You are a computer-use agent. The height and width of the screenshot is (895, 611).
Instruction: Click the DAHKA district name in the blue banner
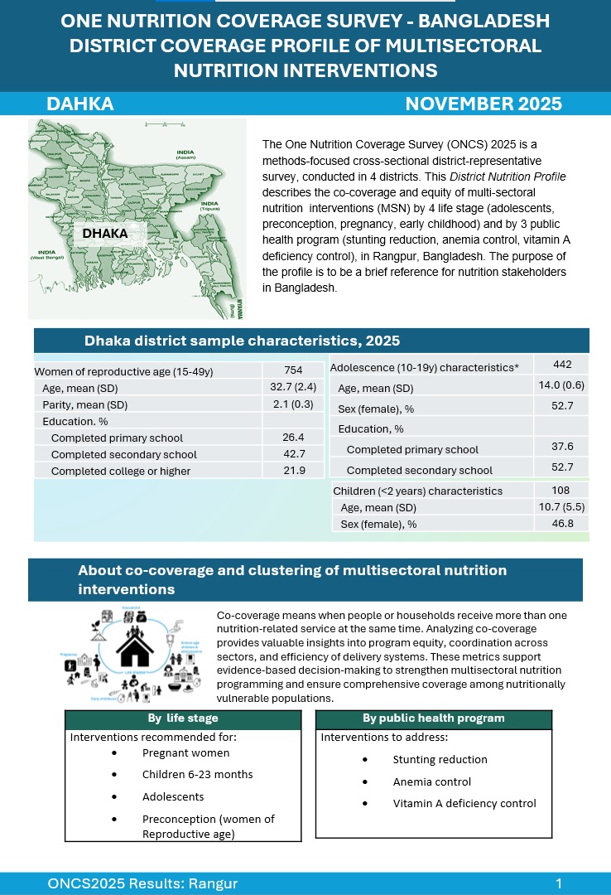pos(80,104)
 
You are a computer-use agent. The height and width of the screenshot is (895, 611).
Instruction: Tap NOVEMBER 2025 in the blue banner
pos(484,104)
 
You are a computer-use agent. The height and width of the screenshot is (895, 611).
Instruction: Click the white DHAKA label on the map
pos(106,233)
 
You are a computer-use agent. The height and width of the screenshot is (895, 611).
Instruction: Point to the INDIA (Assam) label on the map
pos(185,155)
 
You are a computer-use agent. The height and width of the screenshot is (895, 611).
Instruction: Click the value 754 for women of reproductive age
pos(293,370)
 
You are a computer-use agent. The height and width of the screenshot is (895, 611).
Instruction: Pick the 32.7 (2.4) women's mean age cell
pos(293,387)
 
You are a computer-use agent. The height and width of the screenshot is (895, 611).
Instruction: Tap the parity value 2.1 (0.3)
pos(293,404)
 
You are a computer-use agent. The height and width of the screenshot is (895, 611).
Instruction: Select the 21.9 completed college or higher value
pos(293,470)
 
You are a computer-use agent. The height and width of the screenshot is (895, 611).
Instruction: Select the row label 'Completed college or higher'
pos(121,471)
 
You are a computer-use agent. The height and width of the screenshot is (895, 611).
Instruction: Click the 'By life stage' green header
pos(183,718)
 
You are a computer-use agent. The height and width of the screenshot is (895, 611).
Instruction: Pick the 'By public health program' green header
pos(433,718)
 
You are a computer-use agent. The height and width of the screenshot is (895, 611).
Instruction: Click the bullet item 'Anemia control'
pos(431,781)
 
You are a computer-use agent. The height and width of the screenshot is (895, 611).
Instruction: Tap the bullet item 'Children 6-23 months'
pos(197,774)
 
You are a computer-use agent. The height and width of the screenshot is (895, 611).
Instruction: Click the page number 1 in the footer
pos(560,883)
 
